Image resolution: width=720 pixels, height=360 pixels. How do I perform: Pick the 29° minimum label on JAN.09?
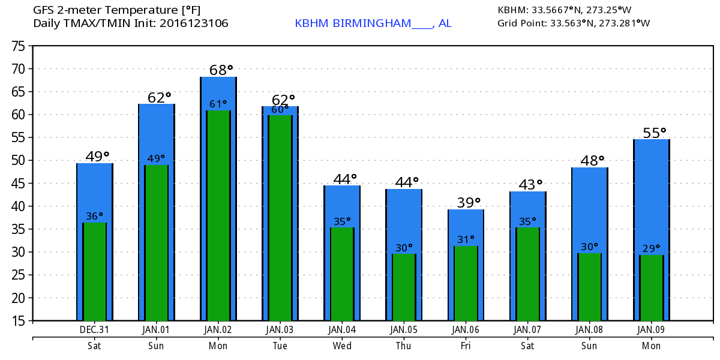click(651, 247)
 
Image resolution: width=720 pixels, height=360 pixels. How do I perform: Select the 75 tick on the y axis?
click(19, 46)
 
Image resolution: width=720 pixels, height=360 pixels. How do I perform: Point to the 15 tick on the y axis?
click(19, 320)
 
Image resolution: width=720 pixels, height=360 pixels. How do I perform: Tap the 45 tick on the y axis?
click(19, 183)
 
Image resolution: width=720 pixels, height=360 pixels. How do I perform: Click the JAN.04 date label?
click(341, 329)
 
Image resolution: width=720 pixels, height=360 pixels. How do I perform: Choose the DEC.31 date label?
click(94, 329)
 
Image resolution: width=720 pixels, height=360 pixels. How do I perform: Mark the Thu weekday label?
click(403, 346)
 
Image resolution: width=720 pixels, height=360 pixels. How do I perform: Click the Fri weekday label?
click(466, 346)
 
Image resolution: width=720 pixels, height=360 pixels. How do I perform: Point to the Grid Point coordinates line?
click(573, 23)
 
